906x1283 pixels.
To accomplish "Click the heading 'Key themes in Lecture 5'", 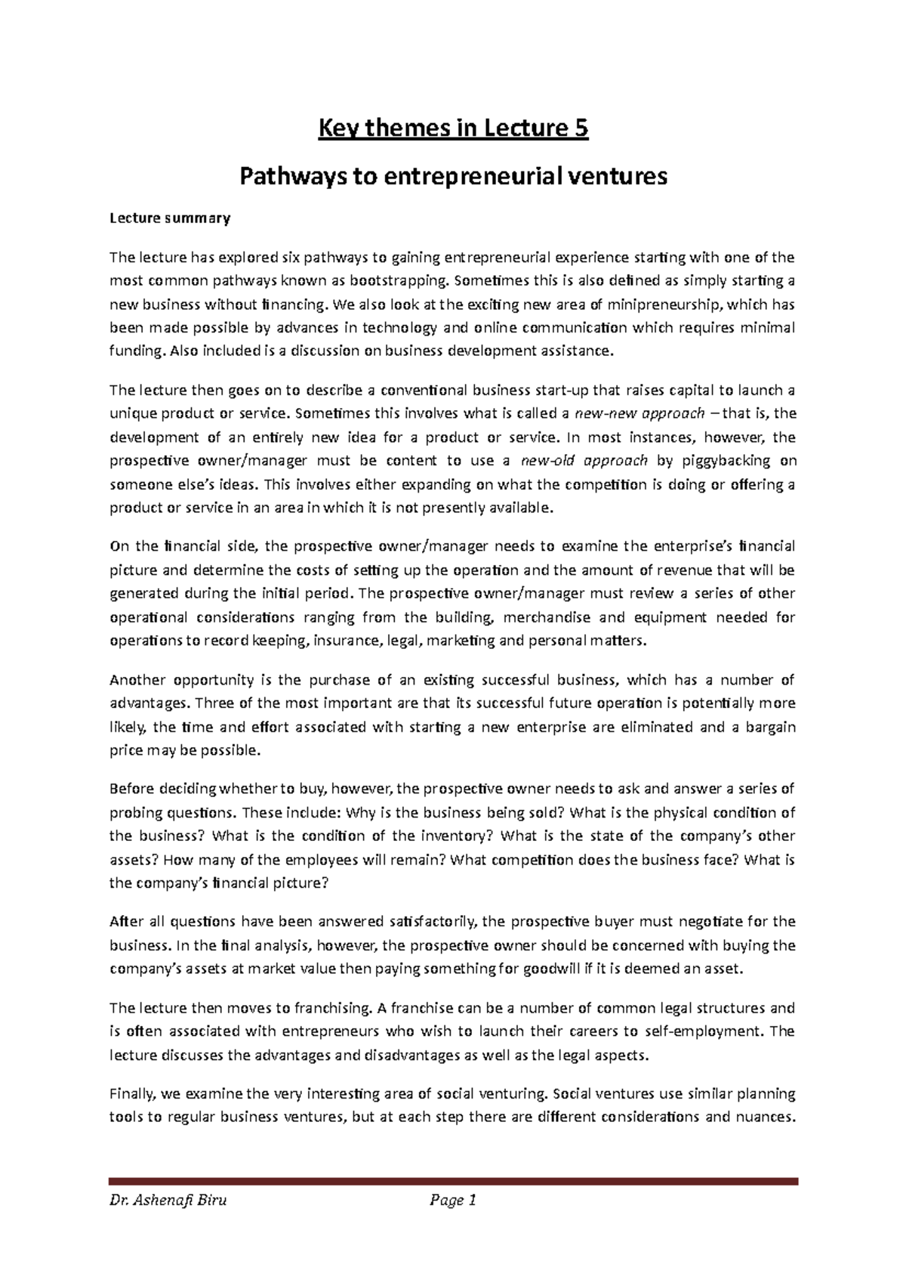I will tap(453, 129).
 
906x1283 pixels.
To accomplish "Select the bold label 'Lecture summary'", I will tap(169, 219).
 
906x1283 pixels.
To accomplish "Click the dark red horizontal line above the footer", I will tap(453, 1181).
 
